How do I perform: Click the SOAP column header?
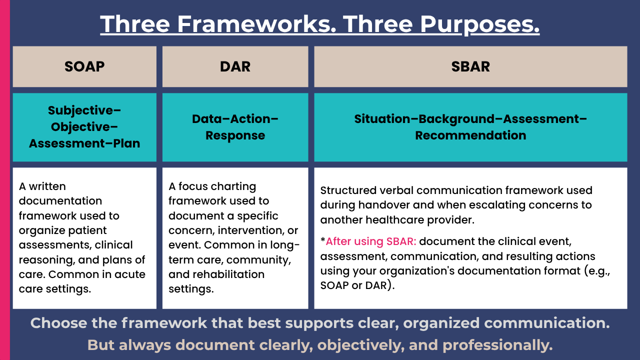pyautogui.click(x=84, y=66)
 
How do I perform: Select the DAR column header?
pyautogui.click(x=235, y=66)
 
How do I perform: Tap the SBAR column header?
pyautogui.click(x=470, y=66)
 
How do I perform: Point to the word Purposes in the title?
pyautogui.click(x=479, y=24)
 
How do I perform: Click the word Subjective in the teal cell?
pyautogui.click(x=82, y=111)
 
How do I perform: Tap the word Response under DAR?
pyautogui.click(x=235, y=135)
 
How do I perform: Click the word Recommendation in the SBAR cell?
pyautogui.click(x=470, y=135)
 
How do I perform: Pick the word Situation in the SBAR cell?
pyautogui.click(x=382, y=119)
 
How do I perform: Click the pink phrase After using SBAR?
pyautogui.click(x=371, y=241)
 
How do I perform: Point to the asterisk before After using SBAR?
pyautogui.click(x=323, y=240)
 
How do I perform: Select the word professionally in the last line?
pyautogui.click(x=497, y=345)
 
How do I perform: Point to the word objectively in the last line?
pyautogui.click(x=361, y=345)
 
